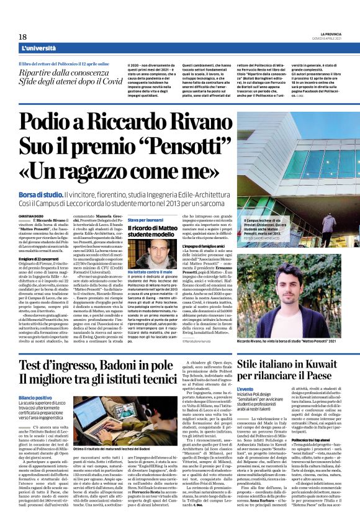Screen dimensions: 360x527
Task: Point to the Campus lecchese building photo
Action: pyautogui.click(x=289, y=180)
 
